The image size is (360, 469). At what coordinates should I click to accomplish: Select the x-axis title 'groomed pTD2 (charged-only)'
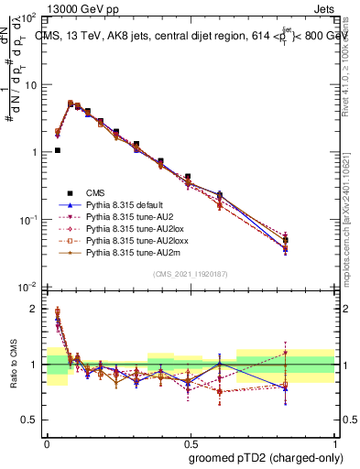coord(267,458)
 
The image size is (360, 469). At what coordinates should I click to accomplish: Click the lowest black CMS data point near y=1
coord(57,150)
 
